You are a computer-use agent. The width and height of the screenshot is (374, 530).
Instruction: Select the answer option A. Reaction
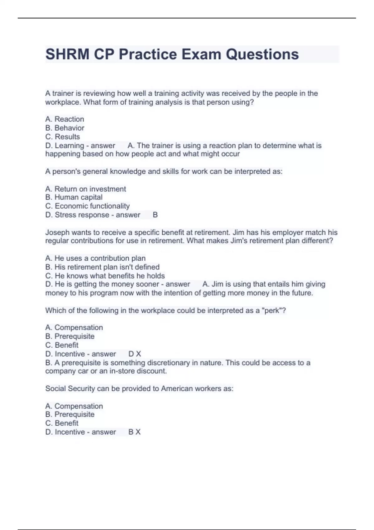click(65, 119)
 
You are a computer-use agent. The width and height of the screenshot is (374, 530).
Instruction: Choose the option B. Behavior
click(65, 128)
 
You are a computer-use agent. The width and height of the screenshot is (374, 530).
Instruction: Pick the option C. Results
click(62, 137)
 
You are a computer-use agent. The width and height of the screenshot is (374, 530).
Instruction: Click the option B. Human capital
click(74, 197)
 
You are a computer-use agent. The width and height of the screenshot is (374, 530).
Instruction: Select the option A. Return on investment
click(85, 189)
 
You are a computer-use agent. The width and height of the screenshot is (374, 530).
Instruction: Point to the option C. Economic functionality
click(87, 206)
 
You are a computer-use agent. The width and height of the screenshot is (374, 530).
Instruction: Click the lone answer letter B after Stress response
click(155, 215)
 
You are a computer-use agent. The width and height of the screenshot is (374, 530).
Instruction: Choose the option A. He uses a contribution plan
click(95, 258)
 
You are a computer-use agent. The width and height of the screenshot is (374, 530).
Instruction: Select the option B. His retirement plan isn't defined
click(102, 267)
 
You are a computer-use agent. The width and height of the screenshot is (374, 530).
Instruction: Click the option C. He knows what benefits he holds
click(105, 276)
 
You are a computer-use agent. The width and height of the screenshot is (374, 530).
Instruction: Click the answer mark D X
click(135, 354)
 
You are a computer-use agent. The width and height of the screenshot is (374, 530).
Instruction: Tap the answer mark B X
click(134, 432)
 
